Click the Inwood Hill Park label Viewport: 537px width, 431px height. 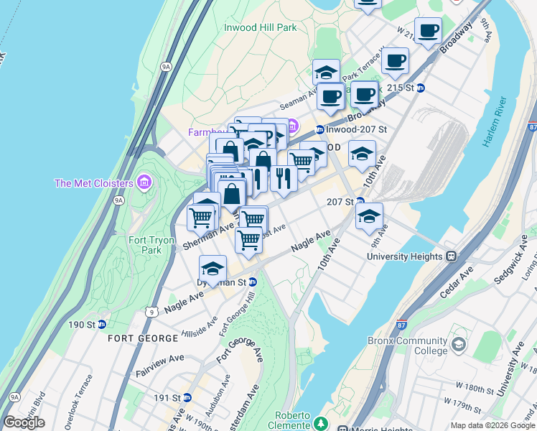260,27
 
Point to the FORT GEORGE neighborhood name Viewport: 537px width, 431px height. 143,338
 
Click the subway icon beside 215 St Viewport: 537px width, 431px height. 421,88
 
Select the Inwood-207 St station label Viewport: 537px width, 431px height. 357,130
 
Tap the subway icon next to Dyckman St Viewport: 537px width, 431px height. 252,283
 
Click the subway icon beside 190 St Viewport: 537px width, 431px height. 102,325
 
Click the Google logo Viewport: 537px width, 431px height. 24,422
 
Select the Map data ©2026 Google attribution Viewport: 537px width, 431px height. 492,425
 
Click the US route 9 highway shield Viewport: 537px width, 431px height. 151,311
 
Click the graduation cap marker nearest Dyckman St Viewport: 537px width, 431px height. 213,269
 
